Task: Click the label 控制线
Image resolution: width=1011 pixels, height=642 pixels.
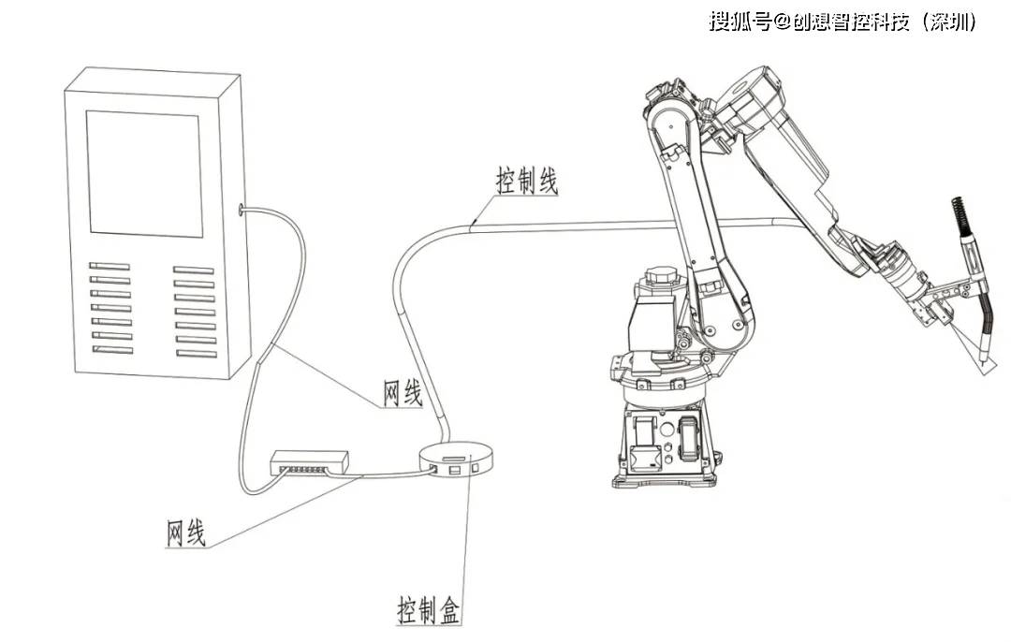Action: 527,182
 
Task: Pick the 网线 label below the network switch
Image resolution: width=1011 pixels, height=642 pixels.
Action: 185,533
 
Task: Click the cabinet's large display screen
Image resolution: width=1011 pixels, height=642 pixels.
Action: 145,174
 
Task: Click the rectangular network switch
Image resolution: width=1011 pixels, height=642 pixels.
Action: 310,461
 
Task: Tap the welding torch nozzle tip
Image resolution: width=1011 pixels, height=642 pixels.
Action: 983,359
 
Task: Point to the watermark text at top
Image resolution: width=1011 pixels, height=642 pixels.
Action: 842,22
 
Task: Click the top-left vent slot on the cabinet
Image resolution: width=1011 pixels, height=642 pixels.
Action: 110,267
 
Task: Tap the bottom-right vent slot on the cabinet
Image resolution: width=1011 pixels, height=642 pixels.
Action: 196,353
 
